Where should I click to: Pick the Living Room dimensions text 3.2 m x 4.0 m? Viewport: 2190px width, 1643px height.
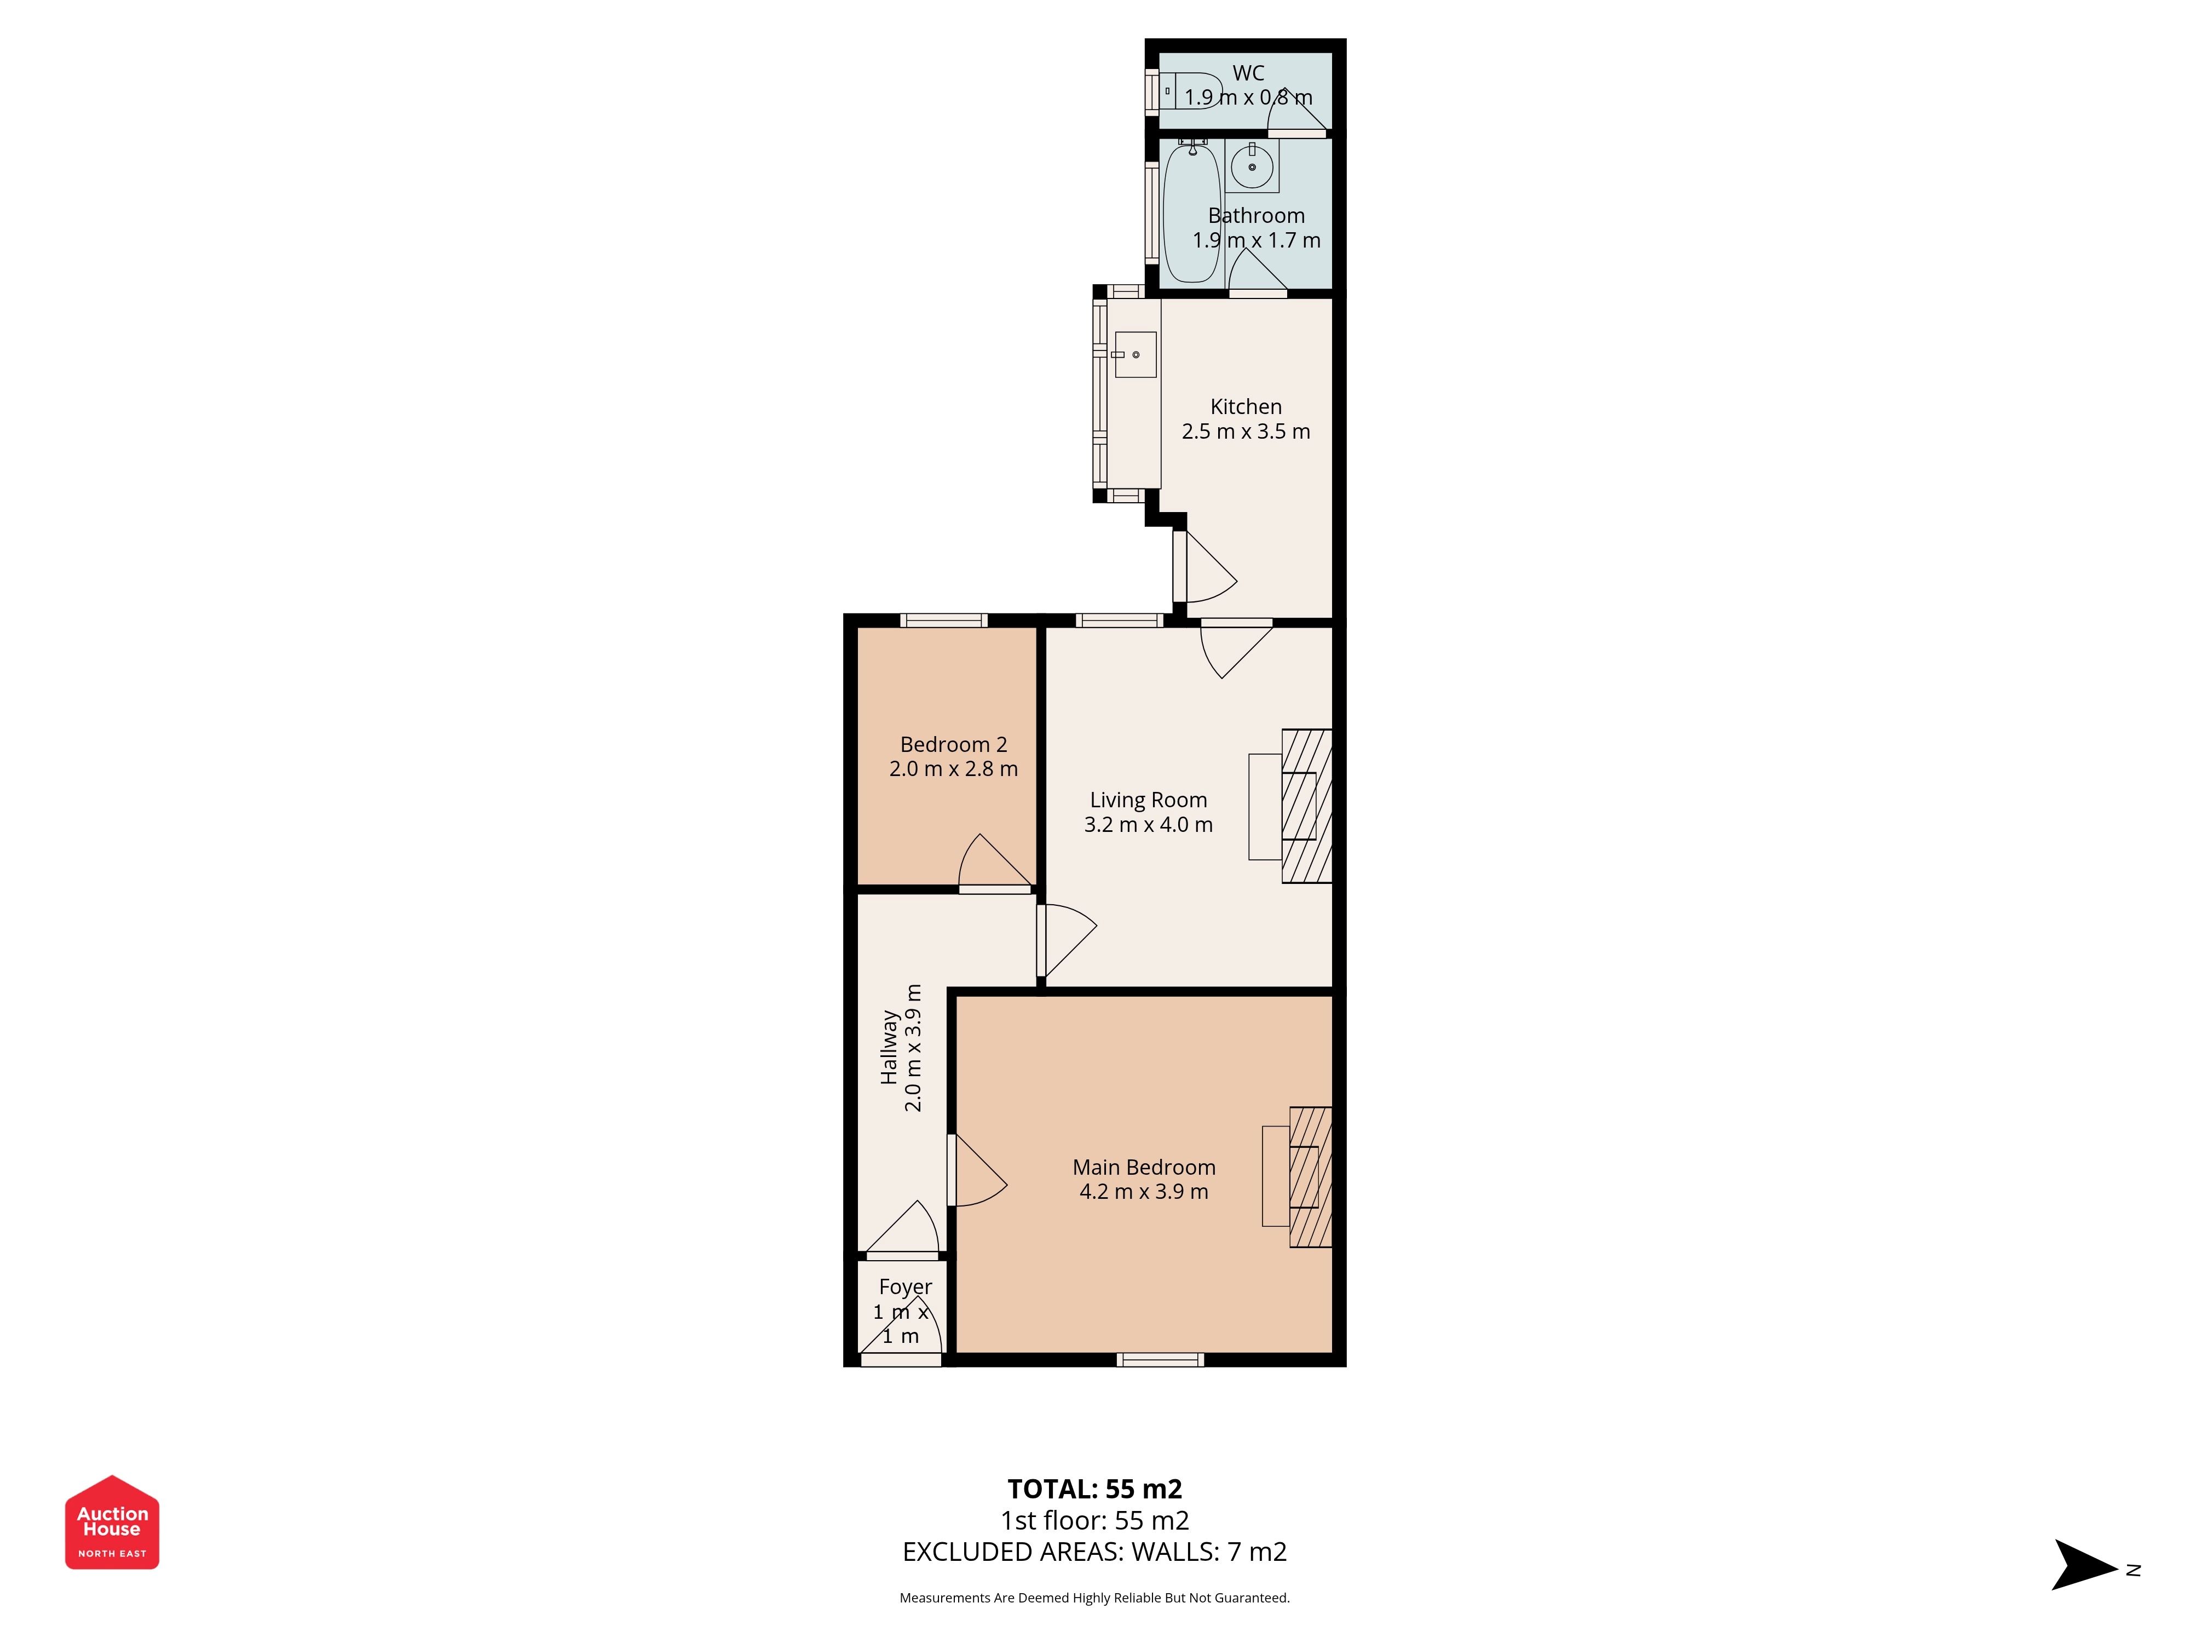(x=1149, y=824)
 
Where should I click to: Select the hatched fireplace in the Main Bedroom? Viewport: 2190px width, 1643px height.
(x=1310, y=1176)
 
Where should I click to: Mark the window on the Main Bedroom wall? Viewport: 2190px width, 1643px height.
(x=1160, y=1360)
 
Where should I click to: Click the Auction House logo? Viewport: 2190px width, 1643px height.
(x=112, y=1522)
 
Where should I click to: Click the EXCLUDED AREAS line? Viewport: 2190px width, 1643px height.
(x=1095, y=1552)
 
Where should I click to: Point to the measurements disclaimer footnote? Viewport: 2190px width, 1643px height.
(x=1095, y=1598)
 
